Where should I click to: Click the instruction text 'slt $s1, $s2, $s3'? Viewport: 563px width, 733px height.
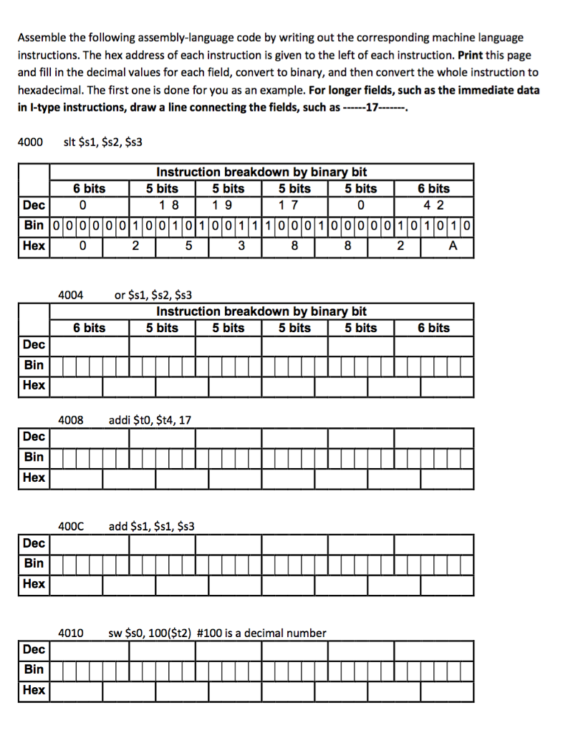click(103, 142)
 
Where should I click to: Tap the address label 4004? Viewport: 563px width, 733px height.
click(71, 294)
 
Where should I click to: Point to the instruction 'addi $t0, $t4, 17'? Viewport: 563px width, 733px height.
click(149, 420)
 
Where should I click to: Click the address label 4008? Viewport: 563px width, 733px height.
click(71, 420)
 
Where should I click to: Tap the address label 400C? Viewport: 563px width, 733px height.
click(71, 527)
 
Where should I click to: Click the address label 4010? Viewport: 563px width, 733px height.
click(71, 633)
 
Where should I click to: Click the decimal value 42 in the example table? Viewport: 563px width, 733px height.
click(434, 205)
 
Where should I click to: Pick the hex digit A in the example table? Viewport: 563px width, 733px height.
click(451, 246)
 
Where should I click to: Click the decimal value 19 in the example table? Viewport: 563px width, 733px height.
click(228, 205)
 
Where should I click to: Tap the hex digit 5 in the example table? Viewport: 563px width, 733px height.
click(188, 246)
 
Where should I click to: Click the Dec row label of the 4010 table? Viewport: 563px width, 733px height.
click(34, 649)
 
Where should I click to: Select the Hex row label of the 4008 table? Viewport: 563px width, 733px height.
click(34, 477)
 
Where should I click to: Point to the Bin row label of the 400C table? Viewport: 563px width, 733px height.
click(34, 563)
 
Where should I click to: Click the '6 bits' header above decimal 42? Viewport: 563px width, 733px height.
click(434, 188)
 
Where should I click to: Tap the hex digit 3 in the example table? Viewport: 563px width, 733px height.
click(241, 246)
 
